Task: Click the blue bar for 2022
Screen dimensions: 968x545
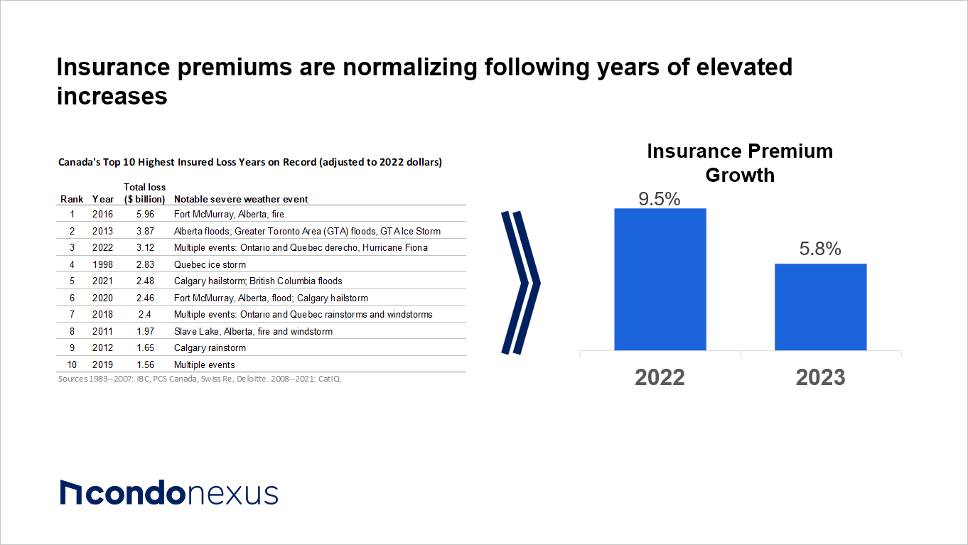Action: (x=660, y=279)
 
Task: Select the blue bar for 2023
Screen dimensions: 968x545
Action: (x=821, y=307)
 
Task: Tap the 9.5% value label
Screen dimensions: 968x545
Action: (x=660, y=199)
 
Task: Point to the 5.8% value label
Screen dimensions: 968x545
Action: (x=820, y=249)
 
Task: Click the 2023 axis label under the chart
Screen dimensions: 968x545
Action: (x=820, y=377)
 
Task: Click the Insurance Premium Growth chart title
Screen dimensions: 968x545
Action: (x=740, y=163)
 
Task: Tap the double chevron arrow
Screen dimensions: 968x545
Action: (x=521, y=283)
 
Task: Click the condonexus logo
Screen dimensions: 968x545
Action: (x=169, y=492)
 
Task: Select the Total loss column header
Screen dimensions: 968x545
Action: (x=145, y=193)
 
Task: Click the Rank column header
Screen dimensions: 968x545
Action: (x=72, y=199)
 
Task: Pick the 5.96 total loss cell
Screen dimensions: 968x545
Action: (x=145, y=214)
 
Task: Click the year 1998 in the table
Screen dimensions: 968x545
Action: (x=102, y=264)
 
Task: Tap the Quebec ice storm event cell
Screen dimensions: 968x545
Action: (x=210, y=264)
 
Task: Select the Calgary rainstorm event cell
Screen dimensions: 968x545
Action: (x=210, y=348)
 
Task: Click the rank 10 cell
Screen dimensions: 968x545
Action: (x=72, y=365)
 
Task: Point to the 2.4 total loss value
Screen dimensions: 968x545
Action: (x=145, y=314)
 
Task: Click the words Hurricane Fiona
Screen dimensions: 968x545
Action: (x=395, y=248)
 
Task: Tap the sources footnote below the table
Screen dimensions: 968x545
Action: (x=200, y=379)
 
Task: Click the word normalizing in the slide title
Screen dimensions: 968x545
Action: (x=410, y=68)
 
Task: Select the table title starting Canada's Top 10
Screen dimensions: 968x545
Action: (x=250, y=162)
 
